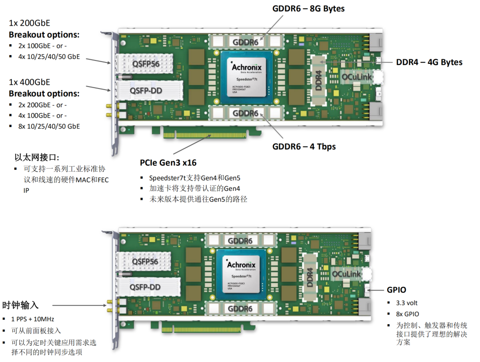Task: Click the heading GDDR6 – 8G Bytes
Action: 309,9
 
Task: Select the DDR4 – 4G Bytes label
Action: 429,62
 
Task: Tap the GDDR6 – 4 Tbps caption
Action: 304,146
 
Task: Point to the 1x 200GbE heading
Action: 29,23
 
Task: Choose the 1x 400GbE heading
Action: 29,82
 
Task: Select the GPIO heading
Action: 396,290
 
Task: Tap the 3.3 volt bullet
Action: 407,302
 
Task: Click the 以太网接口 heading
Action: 37,157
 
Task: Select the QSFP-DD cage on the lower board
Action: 145,287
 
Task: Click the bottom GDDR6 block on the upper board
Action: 245,113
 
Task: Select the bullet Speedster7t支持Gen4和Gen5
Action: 195,178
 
